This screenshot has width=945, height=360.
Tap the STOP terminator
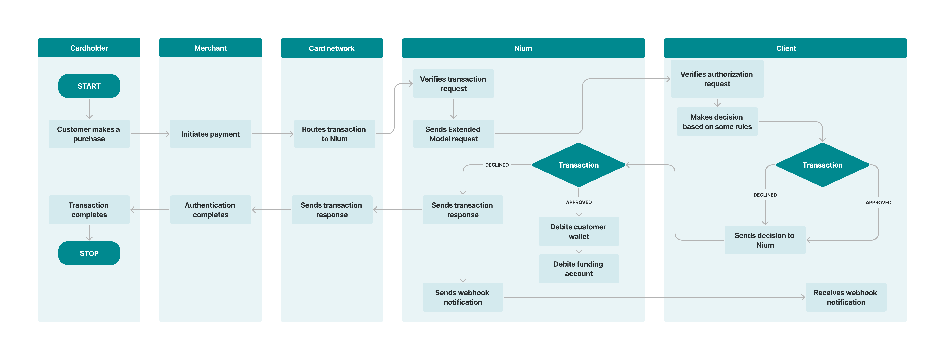point(89,253)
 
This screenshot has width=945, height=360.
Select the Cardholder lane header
point(89,48)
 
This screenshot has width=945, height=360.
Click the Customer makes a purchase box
point(89,134)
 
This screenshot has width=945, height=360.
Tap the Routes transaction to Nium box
point(334,134)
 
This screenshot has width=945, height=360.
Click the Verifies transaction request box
point(453,84)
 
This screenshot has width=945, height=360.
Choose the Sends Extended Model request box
point(453,134)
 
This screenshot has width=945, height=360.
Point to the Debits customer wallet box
point(579,232)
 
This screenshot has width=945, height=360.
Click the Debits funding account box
point(579,269)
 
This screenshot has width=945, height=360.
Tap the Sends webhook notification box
point(463,297)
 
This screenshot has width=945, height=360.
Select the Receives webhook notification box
point(846,297)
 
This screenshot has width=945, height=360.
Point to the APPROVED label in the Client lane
point(878,203)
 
